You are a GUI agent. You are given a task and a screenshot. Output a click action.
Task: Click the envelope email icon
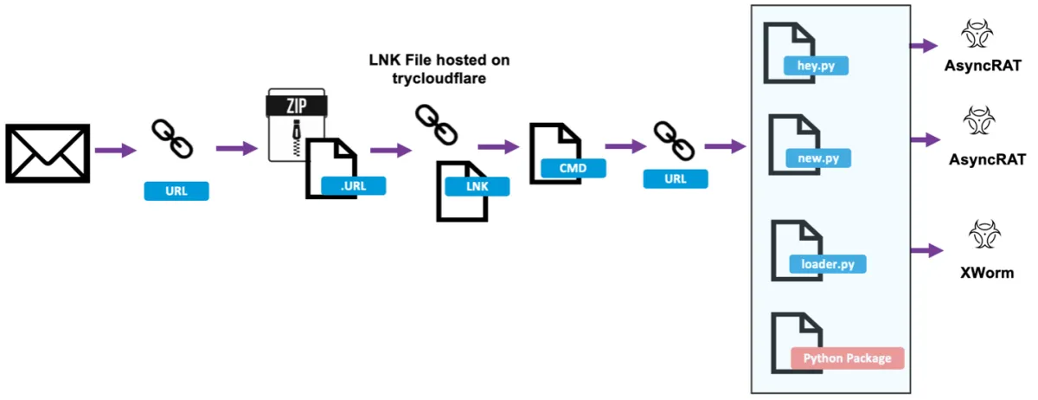(x=48, y=153)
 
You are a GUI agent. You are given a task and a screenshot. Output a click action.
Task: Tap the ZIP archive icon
(x=296, y=123)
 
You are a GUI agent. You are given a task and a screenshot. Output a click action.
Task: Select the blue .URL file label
(x=353, y=184)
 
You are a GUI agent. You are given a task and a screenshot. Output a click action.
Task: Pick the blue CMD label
(x=573, y=168)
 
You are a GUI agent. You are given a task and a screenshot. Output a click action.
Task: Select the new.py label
(x=818, y=158)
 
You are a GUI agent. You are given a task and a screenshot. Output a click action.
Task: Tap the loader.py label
(x=828, y=263)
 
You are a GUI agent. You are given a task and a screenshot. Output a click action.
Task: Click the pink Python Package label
(x=847, y=358)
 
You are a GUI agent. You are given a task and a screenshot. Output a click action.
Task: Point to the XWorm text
(x=986, y=273)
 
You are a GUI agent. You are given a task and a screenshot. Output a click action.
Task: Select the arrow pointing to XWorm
(x=926, y=250)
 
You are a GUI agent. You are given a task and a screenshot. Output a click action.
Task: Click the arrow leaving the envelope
(x=116, y=151)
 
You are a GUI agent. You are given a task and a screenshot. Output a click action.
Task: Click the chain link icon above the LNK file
(x=435, y=126)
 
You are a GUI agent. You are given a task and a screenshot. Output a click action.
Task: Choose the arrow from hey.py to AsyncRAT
(x=924, y=44)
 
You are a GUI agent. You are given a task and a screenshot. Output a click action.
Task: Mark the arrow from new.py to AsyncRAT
(x=924, y=139)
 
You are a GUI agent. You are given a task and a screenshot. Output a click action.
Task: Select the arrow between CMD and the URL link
(x=625, y=147)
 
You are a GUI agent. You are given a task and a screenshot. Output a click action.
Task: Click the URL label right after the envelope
(x=176, y=190)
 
